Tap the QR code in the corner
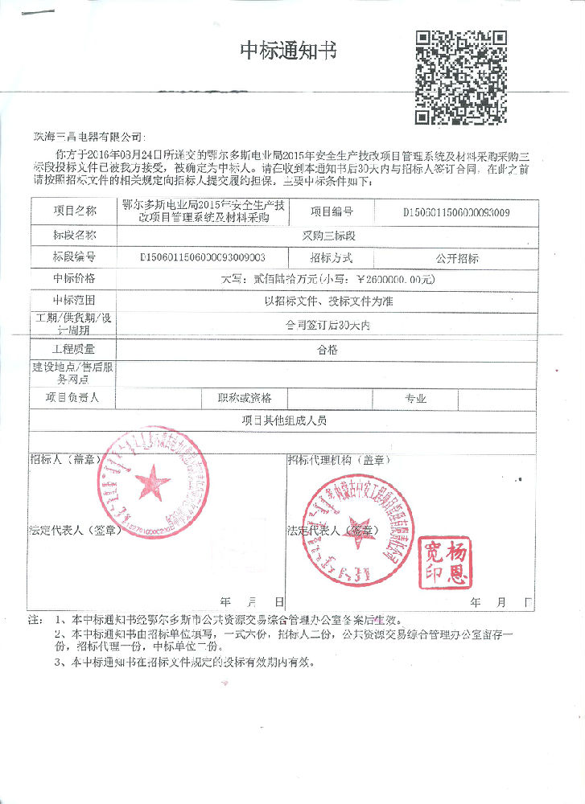460,76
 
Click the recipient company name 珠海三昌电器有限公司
86,136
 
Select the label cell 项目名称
74,211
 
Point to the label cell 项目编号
332,211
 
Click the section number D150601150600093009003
203,258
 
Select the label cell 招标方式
331,258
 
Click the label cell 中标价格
74,278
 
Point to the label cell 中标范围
74,300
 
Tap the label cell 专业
415,398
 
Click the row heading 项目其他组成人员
284,420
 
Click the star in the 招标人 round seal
152,483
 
